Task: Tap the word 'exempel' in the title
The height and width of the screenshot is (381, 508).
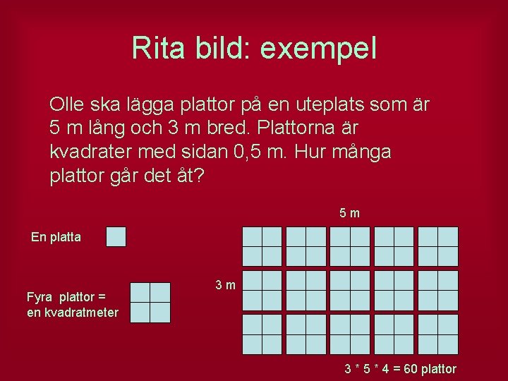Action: point(318,49)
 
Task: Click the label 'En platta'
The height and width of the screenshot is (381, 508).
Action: point(56,237)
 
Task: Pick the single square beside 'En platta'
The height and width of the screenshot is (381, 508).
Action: point(116,236)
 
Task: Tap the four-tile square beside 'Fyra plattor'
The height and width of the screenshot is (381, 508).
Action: point(150,302)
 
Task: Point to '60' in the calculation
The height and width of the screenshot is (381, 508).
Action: point(408,368)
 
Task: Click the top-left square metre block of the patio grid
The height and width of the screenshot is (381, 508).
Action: point(262,246)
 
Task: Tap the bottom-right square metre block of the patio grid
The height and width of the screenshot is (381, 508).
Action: point(437,334)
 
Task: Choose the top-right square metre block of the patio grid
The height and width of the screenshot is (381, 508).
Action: point(437,246)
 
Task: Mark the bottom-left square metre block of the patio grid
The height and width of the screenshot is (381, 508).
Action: point(262,334)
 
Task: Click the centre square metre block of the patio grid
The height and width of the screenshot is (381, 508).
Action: point(350,290)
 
